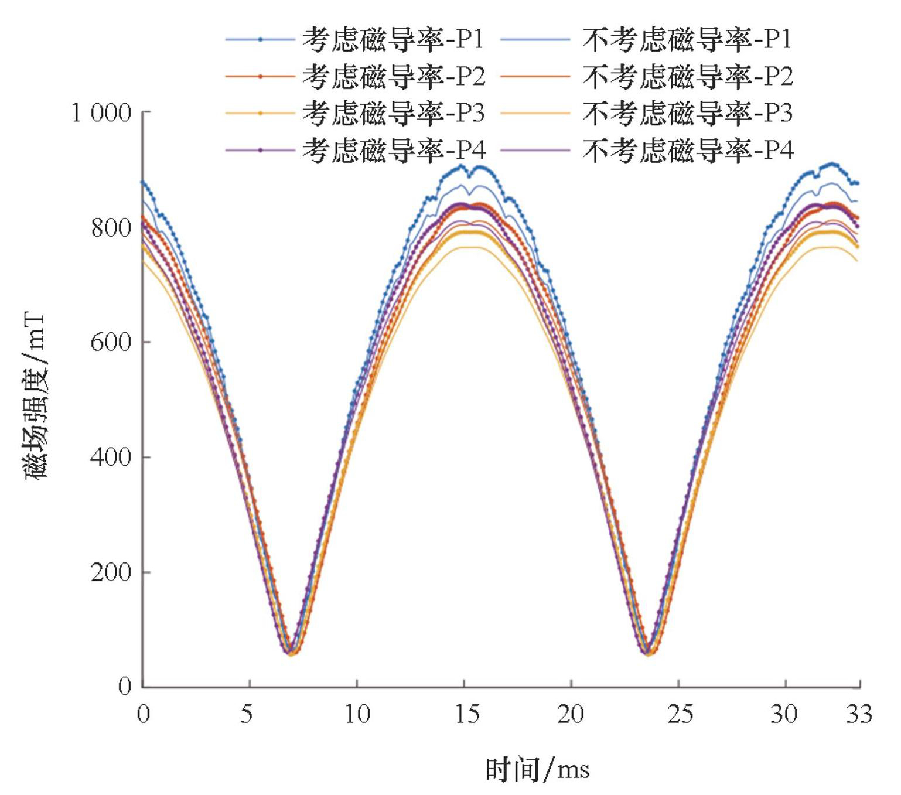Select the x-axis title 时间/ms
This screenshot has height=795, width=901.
[x=537, y=769]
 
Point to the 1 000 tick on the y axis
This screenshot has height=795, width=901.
[x=101, y=112]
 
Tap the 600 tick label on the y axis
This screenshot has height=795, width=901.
[x=111, y=342]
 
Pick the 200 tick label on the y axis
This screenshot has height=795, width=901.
[x=111, y=572]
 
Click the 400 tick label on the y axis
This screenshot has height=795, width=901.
[x=111, y=457]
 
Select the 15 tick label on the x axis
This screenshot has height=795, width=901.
[x=466, y=714]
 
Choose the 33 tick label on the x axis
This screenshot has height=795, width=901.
[x=859, y=714]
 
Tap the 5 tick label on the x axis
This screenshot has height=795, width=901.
[x=247, y=714]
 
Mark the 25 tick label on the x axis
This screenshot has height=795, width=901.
[x=680, y=714]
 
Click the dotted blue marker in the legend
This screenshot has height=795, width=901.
[x=260, y=39]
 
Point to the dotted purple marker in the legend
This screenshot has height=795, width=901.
[x=260, y=150]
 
